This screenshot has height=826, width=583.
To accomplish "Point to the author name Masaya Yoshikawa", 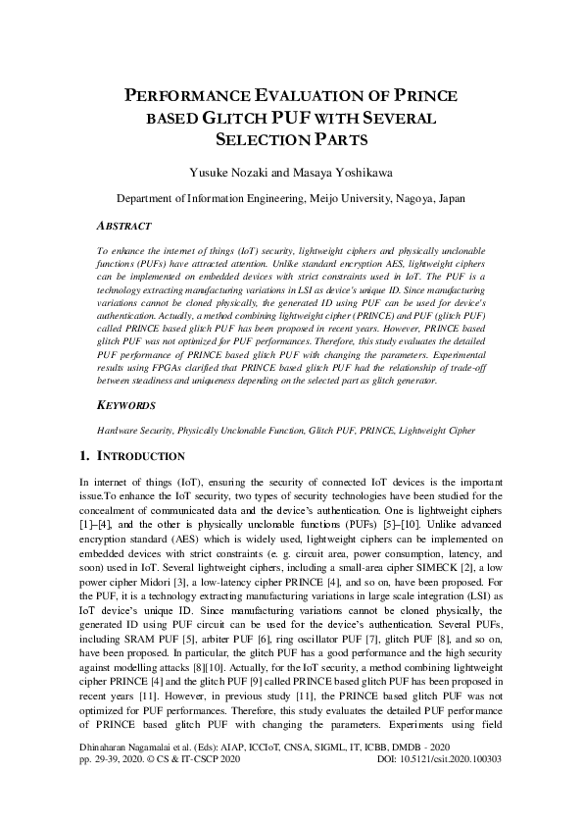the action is [342, 174].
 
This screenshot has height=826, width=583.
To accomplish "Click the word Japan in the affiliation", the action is [448, 198].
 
